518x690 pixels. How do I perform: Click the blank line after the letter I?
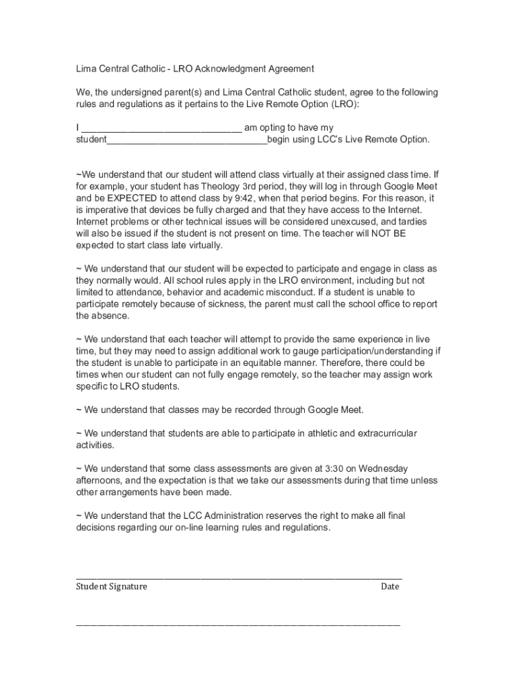[x=161, y=128]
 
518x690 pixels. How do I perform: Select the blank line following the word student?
[x=187, y=140]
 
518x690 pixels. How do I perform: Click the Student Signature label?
[x=111, y=586]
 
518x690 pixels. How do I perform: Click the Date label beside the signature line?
[x=390, y=586]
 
